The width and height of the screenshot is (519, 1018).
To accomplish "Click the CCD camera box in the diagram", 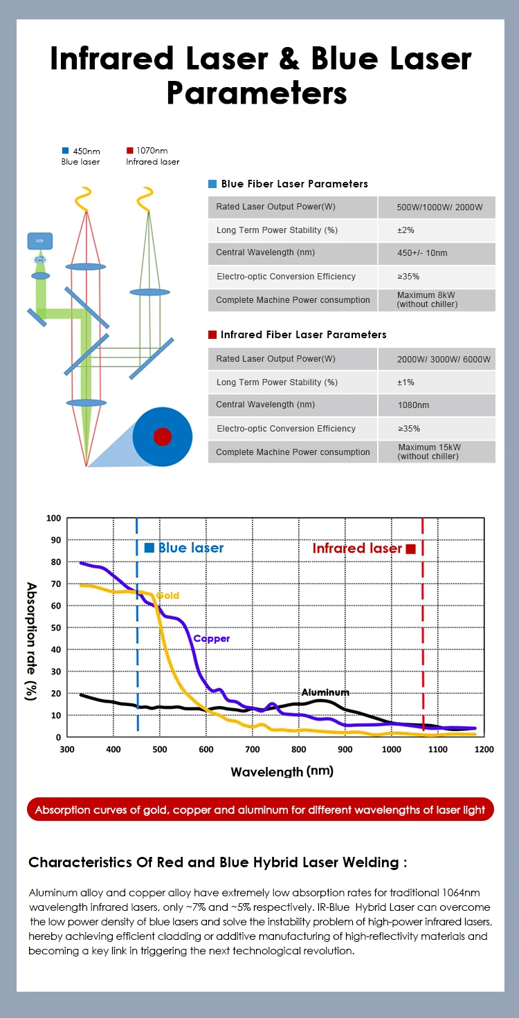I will click(x=39, y=241).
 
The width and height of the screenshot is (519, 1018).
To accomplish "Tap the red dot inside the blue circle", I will click(x=162, y=436).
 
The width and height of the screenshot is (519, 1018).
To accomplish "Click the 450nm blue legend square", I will click(x=65, y=150).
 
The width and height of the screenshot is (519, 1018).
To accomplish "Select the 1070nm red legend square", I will click(x=129, y=150).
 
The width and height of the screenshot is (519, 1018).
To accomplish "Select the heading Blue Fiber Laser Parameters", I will click(x=294, y=184).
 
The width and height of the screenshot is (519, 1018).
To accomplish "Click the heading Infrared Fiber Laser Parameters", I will click(x=303, y=335).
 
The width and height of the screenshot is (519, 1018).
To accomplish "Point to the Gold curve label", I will click(x=167, y=595).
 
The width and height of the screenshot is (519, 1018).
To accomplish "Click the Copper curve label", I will click(x=212, y=638).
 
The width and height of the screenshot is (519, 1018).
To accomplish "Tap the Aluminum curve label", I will click(x=325, y=692).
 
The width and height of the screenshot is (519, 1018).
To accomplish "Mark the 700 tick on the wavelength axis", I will click(x=253, y=749).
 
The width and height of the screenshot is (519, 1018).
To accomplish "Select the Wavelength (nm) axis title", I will click(x=282, y=771).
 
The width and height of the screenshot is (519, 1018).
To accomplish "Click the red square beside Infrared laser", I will click(x=411, y=548).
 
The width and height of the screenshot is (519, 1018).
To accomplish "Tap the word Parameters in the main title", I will click(x=257, y=93).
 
